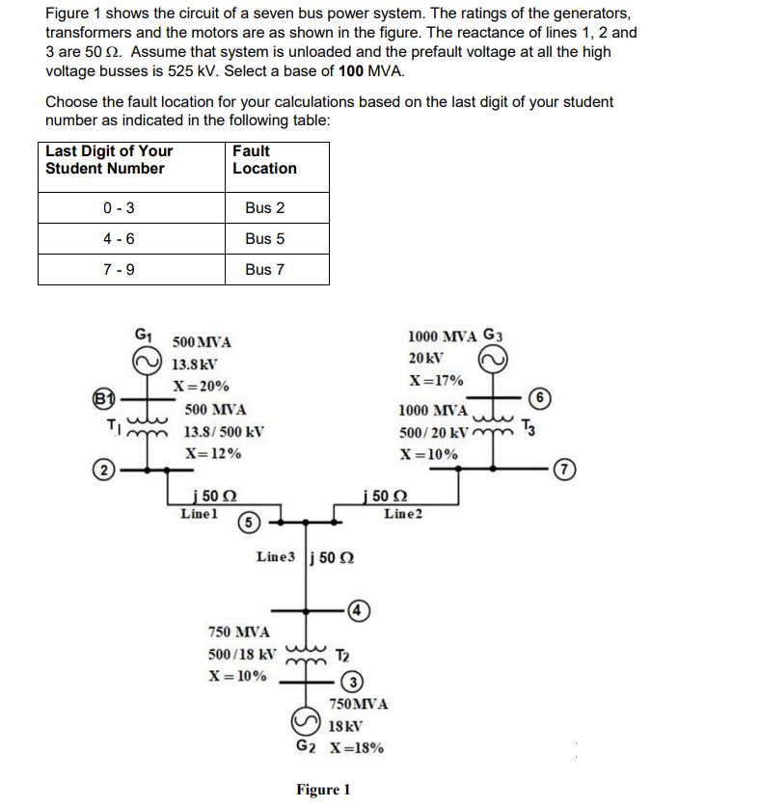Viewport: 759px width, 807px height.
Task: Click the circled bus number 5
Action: coord(248,522)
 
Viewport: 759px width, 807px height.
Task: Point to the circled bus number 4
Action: coord(357,609)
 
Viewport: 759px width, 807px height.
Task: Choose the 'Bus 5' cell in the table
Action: coord(264,238)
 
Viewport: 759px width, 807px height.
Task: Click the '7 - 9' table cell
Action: coord(118,269)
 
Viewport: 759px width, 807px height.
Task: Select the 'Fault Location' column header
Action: coord(264,159)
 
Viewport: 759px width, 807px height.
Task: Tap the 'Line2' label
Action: coord(402,514)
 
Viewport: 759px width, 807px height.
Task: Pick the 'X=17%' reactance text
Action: coord(436,380)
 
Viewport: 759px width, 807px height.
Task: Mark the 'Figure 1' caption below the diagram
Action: coord(323,790)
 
